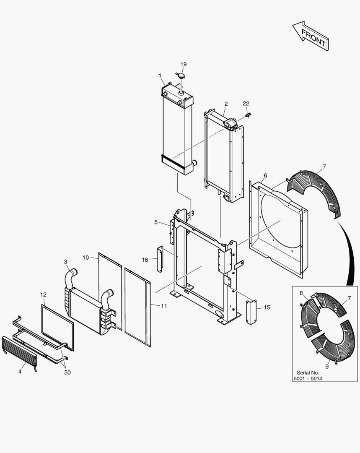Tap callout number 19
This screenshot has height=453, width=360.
point(184,64)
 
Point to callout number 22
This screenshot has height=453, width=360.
point(246,104)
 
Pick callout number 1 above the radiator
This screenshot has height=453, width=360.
point(160,75)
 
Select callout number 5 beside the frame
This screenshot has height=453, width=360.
point(156,222)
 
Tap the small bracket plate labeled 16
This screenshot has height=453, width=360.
point(160,259)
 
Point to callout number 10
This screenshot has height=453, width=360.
point(85,258)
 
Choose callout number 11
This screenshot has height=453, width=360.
point(164,306)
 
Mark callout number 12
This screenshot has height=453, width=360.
point(43,294)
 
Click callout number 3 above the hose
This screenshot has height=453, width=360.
point(66,262)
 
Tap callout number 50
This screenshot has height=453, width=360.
point(67,372)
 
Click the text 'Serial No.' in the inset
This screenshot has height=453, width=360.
point(308,372)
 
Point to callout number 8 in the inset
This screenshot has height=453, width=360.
point(301,293)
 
